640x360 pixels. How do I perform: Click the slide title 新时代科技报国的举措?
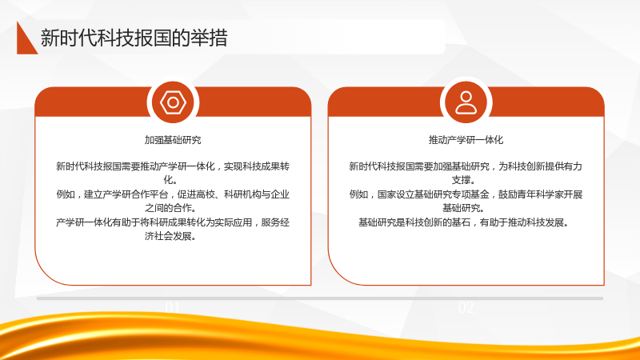tap(134, 38)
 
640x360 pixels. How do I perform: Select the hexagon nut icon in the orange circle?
tap(173, 102)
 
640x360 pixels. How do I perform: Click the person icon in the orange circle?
tap(466, 102)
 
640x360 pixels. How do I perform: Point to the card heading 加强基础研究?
tap(173, 140)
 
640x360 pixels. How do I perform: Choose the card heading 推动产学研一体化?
tap(466, 140)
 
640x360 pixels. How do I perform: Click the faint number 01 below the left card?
tap(173, 307)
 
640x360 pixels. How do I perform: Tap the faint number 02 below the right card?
tap(466, 307)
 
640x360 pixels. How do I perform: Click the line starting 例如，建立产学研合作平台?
tap(173, 194)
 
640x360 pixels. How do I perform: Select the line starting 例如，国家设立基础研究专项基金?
tap(466, 194)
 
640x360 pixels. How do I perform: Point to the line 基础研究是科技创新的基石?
tap(464, 222)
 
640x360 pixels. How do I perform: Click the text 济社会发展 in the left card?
tap(170, 236)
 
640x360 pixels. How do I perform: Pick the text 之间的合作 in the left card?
tap(170, 208)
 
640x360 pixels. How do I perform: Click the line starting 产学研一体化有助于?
tap(173, 222)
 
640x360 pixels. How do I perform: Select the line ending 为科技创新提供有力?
tap(466, 166)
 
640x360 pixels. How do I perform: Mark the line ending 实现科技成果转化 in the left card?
tap(173, 166)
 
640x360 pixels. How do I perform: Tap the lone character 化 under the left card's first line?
tap(168, 180)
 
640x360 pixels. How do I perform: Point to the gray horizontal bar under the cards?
tap(320, 298)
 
